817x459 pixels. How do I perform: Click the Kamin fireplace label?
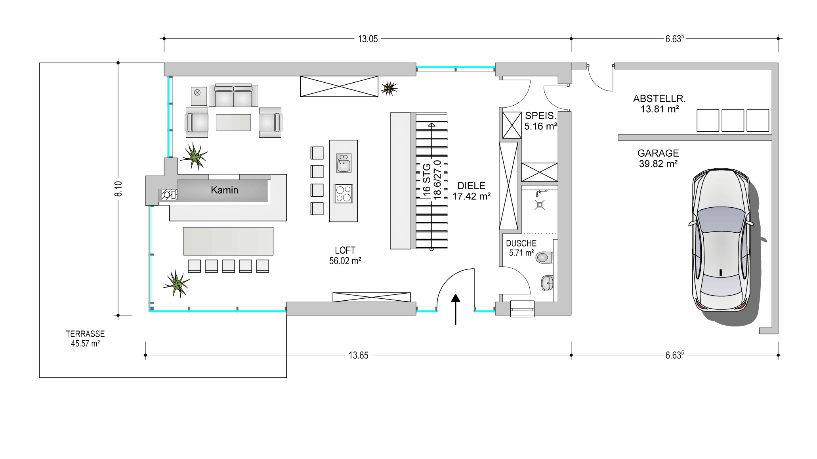[224, 190]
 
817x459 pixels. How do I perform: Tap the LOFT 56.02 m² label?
[345, 255]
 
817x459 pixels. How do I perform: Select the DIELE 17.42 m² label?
[471, 191]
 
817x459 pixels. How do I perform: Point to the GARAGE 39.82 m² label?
[658, 158]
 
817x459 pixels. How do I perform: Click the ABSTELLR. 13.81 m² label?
[659, 104]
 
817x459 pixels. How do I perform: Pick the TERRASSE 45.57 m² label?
[85, 339]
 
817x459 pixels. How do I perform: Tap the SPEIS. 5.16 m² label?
[541, 121]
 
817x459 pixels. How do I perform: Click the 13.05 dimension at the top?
[368, 39]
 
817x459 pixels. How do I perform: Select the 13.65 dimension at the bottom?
[358, 355]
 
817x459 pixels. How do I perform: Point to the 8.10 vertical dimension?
[118, 188]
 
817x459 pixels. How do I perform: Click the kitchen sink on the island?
[343, 163]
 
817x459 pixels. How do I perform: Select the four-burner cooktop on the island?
[344, 194]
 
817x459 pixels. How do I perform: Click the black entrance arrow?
[456, 309]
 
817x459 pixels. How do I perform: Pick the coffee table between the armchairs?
[233, 122]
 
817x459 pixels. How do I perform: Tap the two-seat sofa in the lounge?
[233, 95]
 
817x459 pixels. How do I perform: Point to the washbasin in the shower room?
[547, 283]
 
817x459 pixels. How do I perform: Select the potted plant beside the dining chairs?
[176, 283]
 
